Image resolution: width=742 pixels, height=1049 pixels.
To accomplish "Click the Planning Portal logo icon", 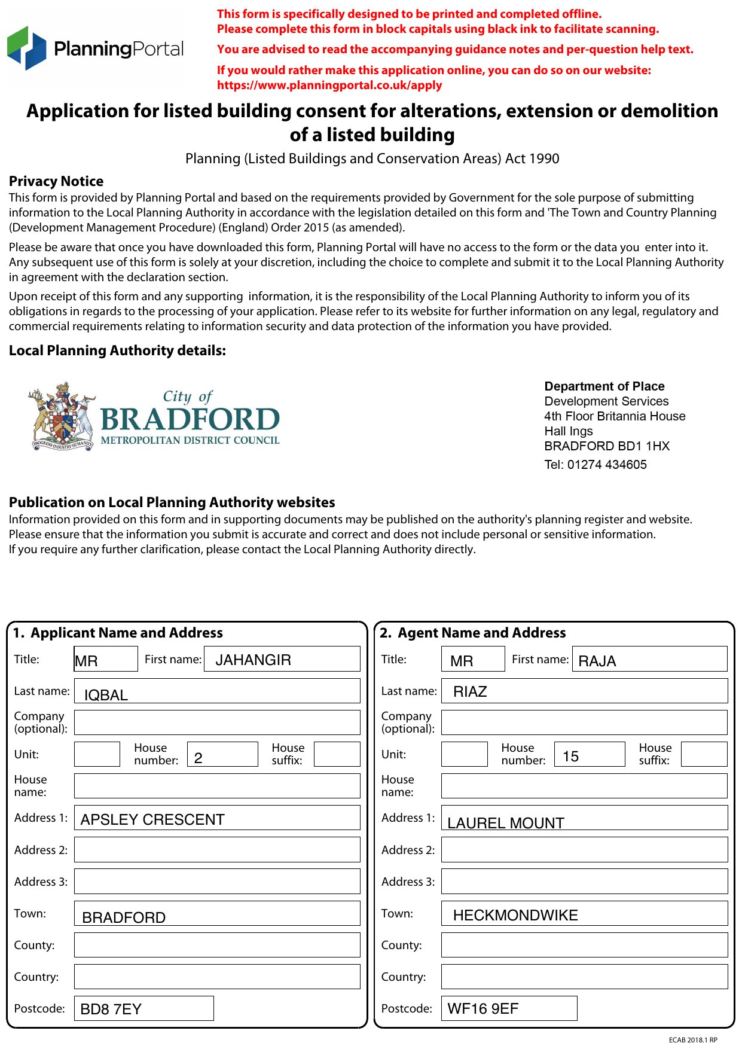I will pyautogui.click(x=26, y=48).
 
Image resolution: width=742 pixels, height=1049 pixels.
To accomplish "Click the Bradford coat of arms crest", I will pyautogui.click(x=62, y=417).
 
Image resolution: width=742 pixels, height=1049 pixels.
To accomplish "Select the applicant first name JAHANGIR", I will pyautogui.click(x=253, y=660).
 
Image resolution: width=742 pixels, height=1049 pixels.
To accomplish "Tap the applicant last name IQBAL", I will pyautogui.click(x=106, y=695).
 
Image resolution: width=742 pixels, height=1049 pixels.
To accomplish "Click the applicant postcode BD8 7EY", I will pyautogui.click(x=111, y=1010).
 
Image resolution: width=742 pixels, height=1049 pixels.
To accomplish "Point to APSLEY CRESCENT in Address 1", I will pyautogui.click(x=152, y=819).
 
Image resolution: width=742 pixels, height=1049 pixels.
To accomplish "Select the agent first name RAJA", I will pyautogui.click(x=597, y=661).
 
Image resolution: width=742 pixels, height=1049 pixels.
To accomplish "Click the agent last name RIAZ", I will pyautogui.click(x=470, y=692).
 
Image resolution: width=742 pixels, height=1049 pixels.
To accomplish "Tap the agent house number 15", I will pyautogui.click(x=570, y=757).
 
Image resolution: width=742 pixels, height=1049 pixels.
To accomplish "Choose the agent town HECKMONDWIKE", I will pyautogui.click(x=515, y=915).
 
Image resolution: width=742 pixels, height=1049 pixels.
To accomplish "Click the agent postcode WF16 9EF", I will pyautogui.click(x=483, y=1009).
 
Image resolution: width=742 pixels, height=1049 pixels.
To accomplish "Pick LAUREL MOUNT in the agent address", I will pyautogui.click(x=505, y=823).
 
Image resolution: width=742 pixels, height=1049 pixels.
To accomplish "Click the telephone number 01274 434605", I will pyautogui.click(x=606, y=465).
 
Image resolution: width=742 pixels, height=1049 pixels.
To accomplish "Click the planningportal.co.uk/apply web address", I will pyautogui.click(x=329, y=85).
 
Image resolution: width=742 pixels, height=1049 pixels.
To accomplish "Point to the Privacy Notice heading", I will pyautogui.click(x=56, y=181).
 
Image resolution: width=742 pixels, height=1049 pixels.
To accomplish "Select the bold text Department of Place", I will pyautogui.click(x=604, y=386).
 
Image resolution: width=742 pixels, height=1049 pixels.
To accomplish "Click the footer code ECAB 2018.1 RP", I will pyautogui.click(x=692, y=1040).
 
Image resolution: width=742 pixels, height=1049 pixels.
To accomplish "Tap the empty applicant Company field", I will pyautogui.click(x=217, y=722).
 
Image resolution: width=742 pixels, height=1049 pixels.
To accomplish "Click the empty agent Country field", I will pyautogui.click(x=584, y=977).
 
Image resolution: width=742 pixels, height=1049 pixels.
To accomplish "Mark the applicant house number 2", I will pyautogui.click(x=199, y=758).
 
